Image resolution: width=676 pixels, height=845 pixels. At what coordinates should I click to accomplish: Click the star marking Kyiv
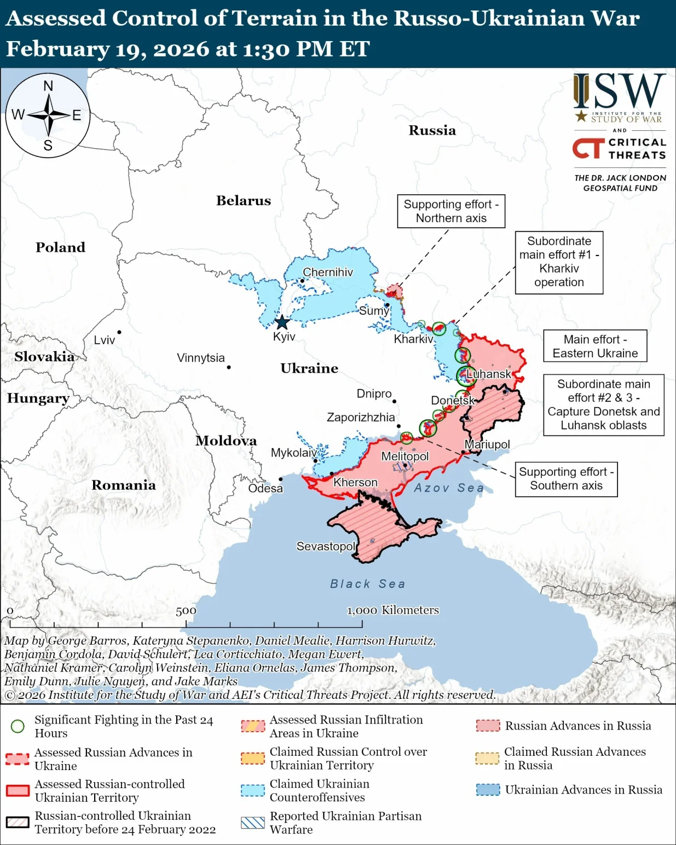point(281,322)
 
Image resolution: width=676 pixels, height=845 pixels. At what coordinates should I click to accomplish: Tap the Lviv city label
point(104,340)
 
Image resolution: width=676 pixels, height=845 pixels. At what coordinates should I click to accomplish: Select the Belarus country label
point(243,200)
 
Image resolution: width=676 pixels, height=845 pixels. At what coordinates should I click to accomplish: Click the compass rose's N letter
point(48,86)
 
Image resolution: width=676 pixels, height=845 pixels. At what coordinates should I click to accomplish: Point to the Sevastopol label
point(326,546)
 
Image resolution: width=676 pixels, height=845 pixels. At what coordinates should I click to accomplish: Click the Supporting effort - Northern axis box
point(451,211)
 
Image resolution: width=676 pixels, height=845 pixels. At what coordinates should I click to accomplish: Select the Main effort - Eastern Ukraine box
point(595,346)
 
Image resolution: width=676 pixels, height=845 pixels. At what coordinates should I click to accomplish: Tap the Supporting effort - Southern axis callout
point(566,479)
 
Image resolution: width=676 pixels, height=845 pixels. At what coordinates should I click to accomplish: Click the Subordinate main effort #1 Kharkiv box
point(559,262)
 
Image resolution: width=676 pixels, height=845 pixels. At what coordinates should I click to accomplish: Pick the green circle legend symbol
point(18,726)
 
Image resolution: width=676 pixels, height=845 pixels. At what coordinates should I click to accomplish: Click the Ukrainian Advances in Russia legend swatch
point(488,790)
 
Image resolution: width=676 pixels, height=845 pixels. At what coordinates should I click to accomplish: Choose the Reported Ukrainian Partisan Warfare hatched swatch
point(252,823)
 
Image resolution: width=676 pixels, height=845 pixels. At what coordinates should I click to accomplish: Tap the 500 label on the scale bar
point(186,611)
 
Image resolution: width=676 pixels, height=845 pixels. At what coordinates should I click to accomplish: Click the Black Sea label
point(368,584)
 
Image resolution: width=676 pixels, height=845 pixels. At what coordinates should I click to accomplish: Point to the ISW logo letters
point(620,92)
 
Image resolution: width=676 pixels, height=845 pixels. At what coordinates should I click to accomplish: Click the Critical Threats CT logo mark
point(588,148)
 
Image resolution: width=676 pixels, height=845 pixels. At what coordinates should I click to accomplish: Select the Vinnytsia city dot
point(229,367)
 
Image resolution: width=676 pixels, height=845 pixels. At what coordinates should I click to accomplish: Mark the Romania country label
point(123,485)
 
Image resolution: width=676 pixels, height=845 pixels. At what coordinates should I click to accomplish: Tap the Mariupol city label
point(487,444)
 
